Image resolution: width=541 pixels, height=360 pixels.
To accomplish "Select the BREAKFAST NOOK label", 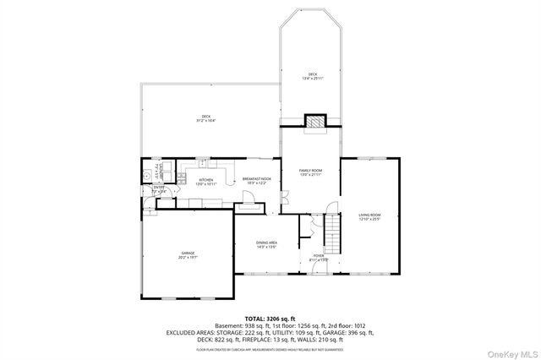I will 257,179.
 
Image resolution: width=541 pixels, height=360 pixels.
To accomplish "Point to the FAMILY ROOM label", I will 311,171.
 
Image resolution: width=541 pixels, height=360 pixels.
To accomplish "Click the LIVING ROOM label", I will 369,215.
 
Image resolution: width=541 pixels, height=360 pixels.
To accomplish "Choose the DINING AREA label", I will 267,243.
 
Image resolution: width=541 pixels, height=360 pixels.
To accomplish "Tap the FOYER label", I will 319,255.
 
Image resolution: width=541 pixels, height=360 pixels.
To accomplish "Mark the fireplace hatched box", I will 316,123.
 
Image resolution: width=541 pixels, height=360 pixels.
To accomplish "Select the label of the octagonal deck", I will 313,74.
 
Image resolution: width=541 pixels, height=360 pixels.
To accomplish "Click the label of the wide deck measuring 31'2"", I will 205,117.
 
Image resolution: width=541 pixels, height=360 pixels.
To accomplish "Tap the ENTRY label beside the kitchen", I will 158,188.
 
